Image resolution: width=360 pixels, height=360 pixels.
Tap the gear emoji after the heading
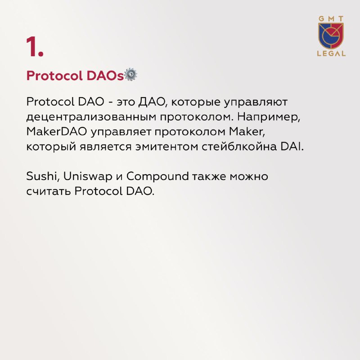pos(130,74)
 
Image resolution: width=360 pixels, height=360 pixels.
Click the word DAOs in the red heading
pos(105,76)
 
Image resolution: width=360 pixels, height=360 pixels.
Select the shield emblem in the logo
pos(331,36)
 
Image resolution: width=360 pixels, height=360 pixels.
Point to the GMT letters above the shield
pos(331,19)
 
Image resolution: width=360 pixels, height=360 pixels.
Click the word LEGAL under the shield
pos(331,54)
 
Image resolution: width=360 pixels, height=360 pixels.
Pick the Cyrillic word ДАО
pos(152,102)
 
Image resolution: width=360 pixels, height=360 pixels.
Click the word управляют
pos(256,103)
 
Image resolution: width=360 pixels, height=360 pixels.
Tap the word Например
pos(269,117)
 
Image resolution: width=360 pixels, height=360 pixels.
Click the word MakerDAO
pos(57,132)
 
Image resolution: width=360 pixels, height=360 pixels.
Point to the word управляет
pos(121,132)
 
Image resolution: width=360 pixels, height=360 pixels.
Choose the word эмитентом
pos(166,147)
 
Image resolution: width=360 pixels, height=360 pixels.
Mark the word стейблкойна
pos(239,146)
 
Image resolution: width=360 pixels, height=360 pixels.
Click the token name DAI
pos(292,147)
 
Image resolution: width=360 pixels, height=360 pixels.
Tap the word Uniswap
pos(88,177)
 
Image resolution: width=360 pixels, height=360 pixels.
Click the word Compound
pos(157,176)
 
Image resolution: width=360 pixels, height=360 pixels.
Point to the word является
pos(106,147)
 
